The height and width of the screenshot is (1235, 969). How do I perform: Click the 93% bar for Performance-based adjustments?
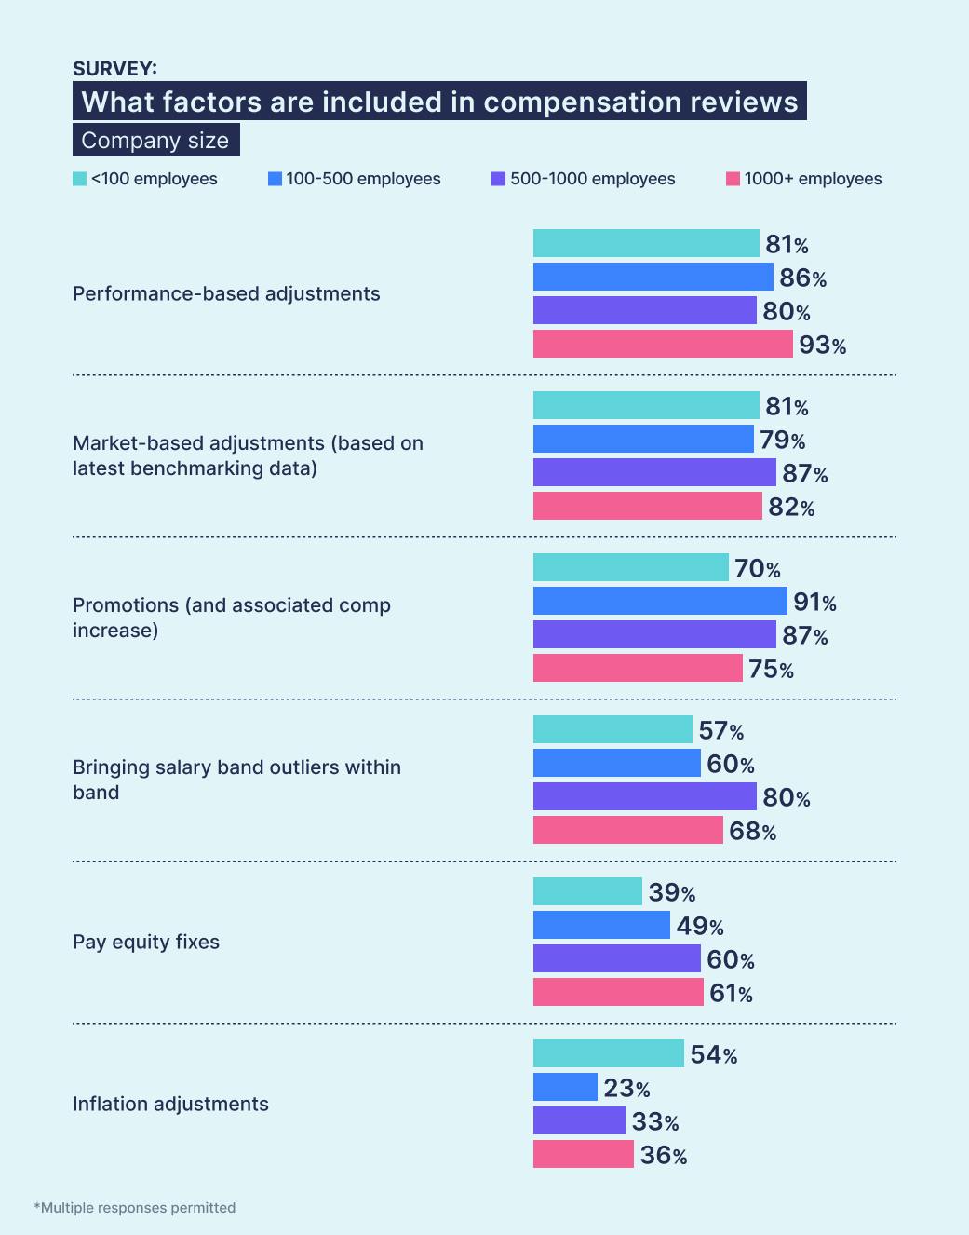663,344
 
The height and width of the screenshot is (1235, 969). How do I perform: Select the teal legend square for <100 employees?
80,179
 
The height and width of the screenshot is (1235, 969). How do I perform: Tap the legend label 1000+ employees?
813,179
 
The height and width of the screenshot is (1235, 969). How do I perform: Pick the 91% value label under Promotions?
814,603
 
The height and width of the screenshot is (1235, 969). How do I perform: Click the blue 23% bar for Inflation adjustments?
565,1087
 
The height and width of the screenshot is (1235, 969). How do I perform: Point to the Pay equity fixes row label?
146,942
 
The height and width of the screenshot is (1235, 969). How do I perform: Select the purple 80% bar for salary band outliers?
644,796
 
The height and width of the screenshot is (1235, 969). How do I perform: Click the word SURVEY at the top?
114,68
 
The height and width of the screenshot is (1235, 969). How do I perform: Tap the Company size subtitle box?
155,141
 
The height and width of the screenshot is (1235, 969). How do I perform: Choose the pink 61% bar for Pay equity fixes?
618,992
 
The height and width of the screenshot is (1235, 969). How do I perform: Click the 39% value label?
671,892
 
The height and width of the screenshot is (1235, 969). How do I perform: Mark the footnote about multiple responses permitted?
135,1208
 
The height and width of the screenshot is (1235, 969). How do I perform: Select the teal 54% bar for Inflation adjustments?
608,1053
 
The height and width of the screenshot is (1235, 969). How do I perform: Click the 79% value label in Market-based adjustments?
782,440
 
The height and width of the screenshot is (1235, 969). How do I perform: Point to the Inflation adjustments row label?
170,1104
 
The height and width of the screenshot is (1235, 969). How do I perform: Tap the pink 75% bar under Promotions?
638,668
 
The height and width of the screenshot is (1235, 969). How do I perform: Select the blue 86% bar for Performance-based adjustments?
653,277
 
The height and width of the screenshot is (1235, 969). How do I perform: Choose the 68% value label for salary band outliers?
752,831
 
